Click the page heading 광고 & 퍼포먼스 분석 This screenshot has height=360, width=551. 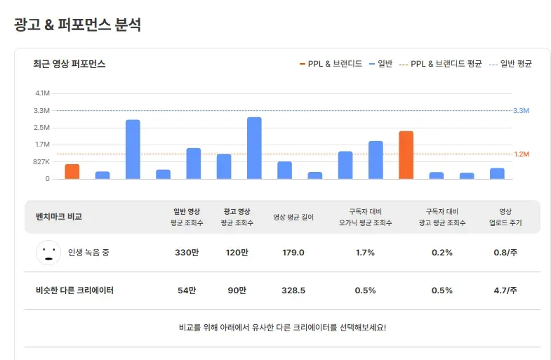[x=78, y=25]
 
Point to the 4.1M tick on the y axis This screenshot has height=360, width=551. [x=42, y=93]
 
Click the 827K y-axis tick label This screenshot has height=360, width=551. [x=41, y=162]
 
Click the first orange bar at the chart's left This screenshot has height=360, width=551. [x=72, y=171]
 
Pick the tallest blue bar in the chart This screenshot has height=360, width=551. [x=254, y=148]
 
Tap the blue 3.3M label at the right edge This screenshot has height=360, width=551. [x=521, y=111]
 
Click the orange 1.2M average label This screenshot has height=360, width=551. [x=521, y=154]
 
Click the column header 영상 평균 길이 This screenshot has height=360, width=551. [x=293, y=217]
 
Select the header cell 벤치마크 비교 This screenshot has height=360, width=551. [x=59, y=217]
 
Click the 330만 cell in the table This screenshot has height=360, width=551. [x=186, y=253]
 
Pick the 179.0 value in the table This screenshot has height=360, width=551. [x=293, y=253]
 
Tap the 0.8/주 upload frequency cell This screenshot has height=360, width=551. [x=505, y=253]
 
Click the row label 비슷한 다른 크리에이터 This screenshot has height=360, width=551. [x=74, y=291]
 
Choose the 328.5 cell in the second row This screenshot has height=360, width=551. [x=293, y=291]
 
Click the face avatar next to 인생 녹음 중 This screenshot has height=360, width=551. [x=48, y=253]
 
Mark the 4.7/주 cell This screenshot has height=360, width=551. [x=505, y=291]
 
